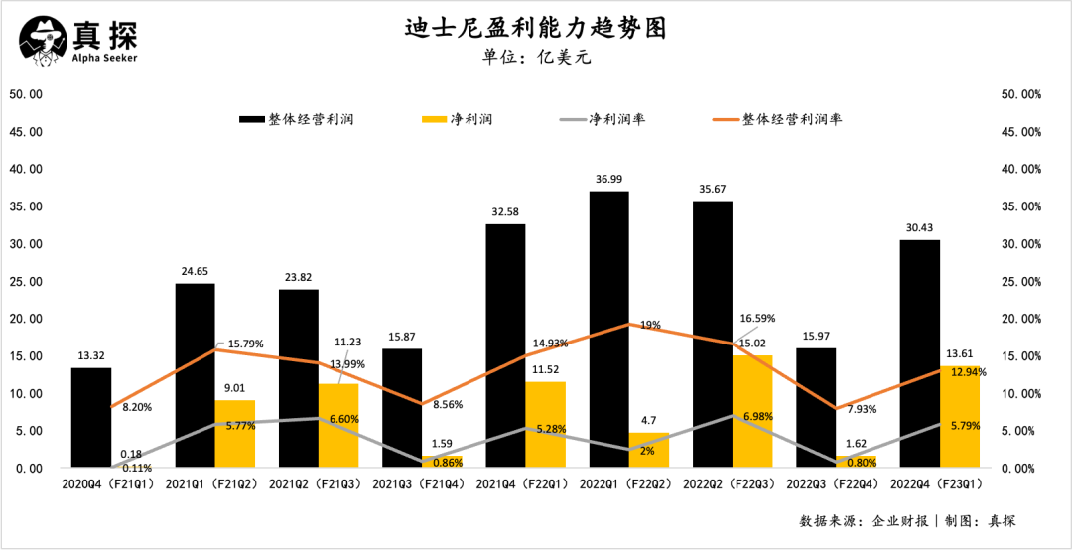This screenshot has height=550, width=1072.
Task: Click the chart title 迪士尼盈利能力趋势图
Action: (535, 27)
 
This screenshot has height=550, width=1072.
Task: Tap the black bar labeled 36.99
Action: (608, 328)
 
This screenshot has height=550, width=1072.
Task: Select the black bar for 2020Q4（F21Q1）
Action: (91, 417)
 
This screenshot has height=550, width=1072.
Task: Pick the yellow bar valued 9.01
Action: (235, 434)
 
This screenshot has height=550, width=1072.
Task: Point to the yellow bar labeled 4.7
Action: (649, 450)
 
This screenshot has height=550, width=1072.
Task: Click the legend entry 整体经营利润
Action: (297, 119)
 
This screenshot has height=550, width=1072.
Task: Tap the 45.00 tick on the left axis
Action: (26, 132)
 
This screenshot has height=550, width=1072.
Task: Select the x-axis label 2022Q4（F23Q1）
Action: (939, 484)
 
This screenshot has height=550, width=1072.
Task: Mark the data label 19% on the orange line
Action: (650, 325)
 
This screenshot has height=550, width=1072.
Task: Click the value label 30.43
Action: (919, 228)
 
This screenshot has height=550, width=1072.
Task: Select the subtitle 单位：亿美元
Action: (536, 57)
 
